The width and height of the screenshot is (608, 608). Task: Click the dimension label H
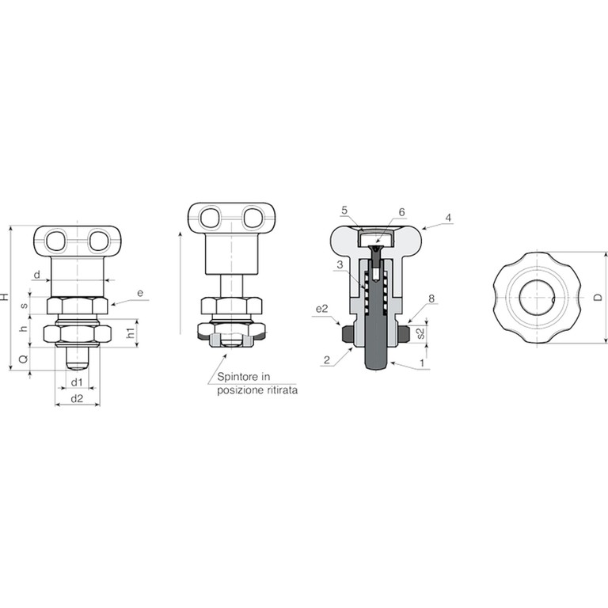point(4,297)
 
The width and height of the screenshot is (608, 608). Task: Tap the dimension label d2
point(77,398)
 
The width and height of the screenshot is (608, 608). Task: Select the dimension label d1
point(77,382)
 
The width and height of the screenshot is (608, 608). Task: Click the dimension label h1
point(132,332)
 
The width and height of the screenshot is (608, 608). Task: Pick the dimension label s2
point(421,333)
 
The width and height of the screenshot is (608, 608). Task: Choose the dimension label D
point(598,298)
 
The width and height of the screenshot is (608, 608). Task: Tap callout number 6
point(401,212)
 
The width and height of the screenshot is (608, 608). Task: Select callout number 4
point(448,218)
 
